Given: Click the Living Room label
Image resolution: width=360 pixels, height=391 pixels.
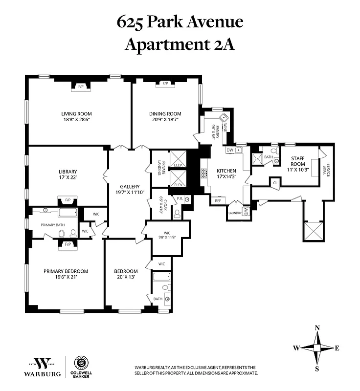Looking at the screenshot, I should click(78, 114).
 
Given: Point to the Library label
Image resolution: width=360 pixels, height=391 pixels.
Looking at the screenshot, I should click(67, 172).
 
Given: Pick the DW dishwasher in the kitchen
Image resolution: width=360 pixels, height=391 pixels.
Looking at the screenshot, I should click(230, 150).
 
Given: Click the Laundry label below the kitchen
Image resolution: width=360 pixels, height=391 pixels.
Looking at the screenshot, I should click(234, 213).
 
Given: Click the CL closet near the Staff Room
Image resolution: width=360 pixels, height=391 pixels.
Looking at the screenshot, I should click(275, 183).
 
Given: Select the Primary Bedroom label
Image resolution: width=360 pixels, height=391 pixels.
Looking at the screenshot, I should click(66, 271).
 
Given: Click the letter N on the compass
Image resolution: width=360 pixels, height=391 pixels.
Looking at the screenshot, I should click(317, 328).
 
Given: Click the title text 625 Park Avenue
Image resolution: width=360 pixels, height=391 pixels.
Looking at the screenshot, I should click(180, 22).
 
